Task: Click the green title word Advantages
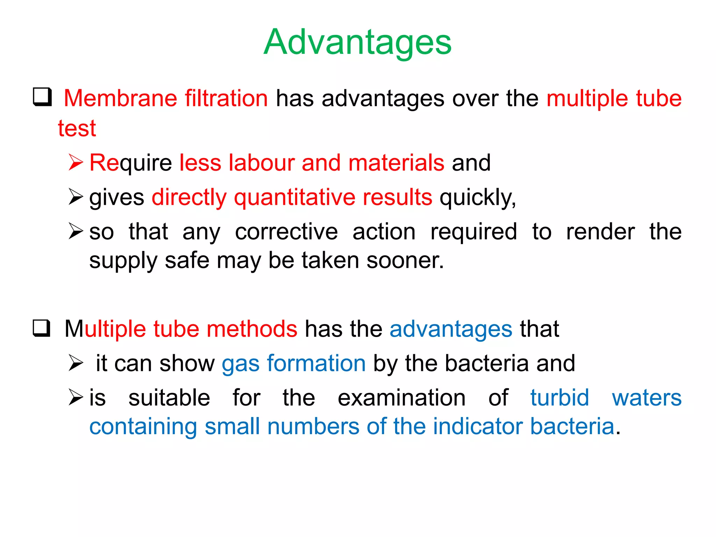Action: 357,42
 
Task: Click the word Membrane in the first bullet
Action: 120,98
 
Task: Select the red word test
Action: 77,128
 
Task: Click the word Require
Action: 130,163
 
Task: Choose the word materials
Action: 396,163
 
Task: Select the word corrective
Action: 286,232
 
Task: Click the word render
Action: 600,232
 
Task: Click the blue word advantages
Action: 451,329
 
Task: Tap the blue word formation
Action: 316,363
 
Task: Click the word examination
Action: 402,398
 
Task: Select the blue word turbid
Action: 559,398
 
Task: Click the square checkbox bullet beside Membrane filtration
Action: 42,97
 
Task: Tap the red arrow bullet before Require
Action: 76,163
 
